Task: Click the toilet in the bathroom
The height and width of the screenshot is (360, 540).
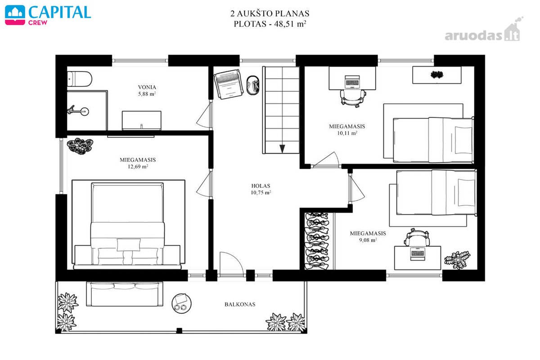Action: (x=80, y=79)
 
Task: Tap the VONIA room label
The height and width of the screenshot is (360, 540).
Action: (x=147, y=87)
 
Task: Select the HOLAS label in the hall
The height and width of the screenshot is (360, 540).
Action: (x=261, y=186)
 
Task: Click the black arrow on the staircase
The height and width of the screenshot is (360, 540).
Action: (x=282, y=148)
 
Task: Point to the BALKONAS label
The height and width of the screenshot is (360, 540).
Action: (x=240, y=304)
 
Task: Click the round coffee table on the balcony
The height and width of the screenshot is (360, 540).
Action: (x=182, y=303)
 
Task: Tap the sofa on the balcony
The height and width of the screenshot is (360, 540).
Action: (x=125, y=294)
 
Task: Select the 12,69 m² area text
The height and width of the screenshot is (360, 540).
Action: (x=138, y=166)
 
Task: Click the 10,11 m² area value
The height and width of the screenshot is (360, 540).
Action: (x=347, y=133)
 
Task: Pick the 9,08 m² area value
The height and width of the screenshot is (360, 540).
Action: (x=368, y=240)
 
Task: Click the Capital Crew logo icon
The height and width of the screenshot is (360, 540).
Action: (x=15, y=15)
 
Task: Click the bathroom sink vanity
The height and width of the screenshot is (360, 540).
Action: (x=141, y=120)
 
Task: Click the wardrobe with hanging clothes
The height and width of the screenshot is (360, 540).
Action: (x=317, y=241)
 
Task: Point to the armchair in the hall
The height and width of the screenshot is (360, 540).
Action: (x=228, y=84)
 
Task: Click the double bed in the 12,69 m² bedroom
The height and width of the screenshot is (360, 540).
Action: (x=127, y=224)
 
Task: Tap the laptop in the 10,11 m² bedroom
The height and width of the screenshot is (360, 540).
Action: (x=352, y=81)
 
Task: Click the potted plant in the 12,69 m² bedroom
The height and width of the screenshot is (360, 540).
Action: (x=80, y=146)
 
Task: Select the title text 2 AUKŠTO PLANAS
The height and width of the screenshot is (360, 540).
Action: (x=270, y=13)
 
